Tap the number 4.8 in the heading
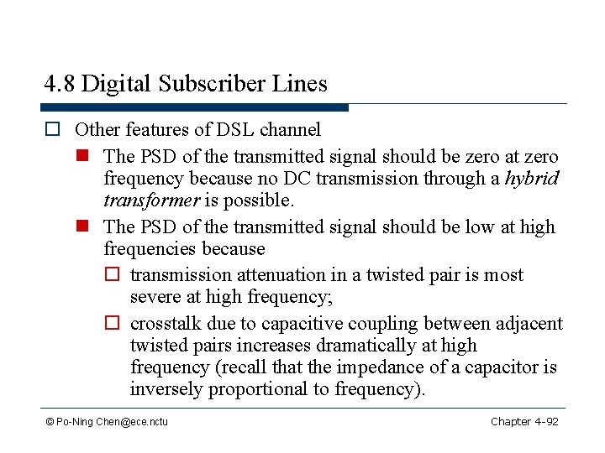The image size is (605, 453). (x=60, y=84)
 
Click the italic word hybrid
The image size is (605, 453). (x=531, y=179)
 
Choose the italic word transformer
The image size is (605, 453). (x=151, y=200)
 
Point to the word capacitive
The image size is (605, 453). (x=302, y=324)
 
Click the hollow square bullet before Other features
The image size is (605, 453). (x=52, y=130)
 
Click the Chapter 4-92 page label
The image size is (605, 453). (x=524, y=421)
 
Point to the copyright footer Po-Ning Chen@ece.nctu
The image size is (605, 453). (x=107, y=421)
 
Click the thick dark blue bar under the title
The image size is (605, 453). (x=194, y=107)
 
